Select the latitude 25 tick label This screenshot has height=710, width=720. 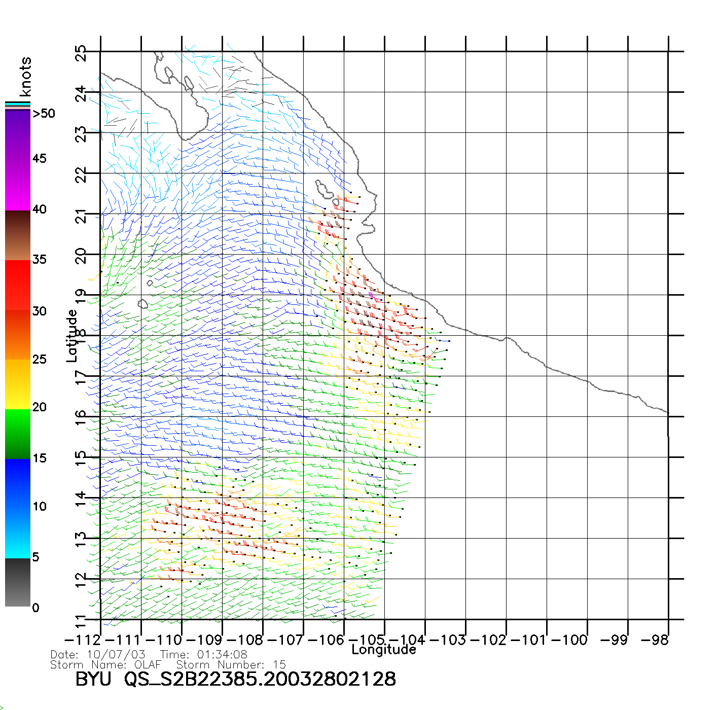point(81,53)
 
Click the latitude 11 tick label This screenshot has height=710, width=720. point(81,621)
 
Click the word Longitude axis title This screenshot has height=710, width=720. point(384,650)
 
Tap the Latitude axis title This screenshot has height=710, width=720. point(72,336)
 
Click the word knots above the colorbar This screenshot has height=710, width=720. point(25,77)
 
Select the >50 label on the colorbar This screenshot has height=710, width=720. point(44,114)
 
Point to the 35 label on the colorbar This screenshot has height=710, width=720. point(40,260)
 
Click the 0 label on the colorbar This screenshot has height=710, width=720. point(35,608)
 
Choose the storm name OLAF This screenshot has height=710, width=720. point(148,664)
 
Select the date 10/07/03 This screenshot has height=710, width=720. point(116,654)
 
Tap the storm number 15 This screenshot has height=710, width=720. point(279,664)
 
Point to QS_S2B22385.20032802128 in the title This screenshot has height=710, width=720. point(260,679)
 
